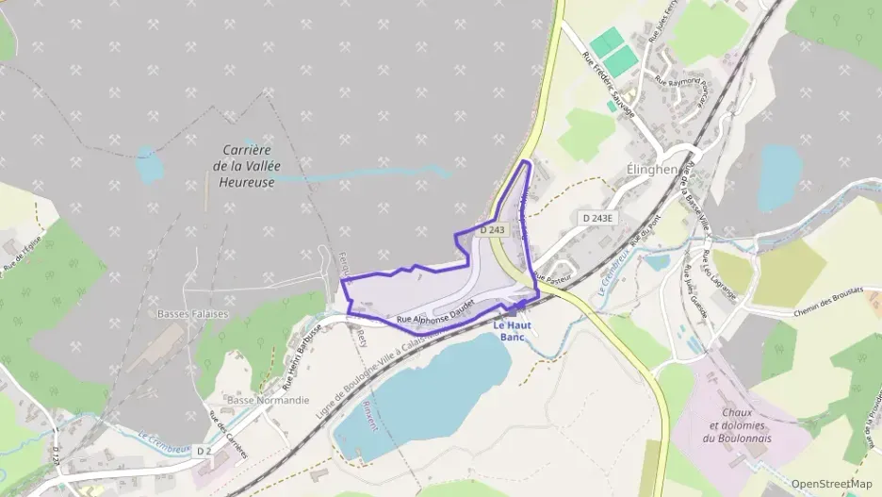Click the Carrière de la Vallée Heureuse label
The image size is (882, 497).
(244, 166)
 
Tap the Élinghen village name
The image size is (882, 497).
(651, 170)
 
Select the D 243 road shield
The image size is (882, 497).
(493, 230)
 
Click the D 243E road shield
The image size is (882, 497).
(597, 218)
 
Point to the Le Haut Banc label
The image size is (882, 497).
(512, 330)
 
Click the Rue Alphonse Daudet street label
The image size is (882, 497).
(433, 313)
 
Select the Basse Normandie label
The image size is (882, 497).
(269, 400)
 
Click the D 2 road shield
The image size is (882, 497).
(204, 452)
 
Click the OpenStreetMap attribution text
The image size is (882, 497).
(830, 484)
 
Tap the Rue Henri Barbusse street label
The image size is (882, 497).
(302, 357)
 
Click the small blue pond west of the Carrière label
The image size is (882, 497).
(149, 166)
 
